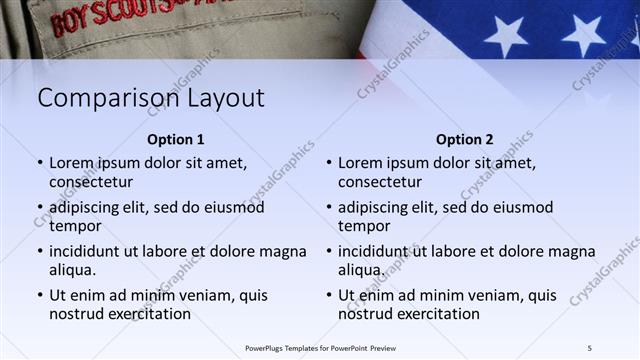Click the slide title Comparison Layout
[x=151, y=98]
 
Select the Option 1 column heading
[x=176, y=140]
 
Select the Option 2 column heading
[x=464, y=140]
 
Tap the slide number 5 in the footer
[x=590, y=347]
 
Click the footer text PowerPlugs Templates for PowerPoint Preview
[x=321, y=347]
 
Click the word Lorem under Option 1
[x=71, y=162]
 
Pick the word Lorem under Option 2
[x=360, y=162]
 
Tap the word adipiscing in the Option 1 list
[x=87, y=207]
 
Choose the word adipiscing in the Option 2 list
[x=376, y=207]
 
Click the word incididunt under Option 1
[x=88, y=252]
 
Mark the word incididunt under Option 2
[x=377, y=252]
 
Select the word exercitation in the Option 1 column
[x=148, y=314]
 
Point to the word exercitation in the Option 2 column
[x=437, y=314]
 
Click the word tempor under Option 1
[x=73, y=226]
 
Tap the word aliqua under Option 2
[x=360, y=271]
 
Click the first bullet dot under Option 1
[x=40, y=162]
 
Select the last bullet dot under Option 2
[x=329, y=297]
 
